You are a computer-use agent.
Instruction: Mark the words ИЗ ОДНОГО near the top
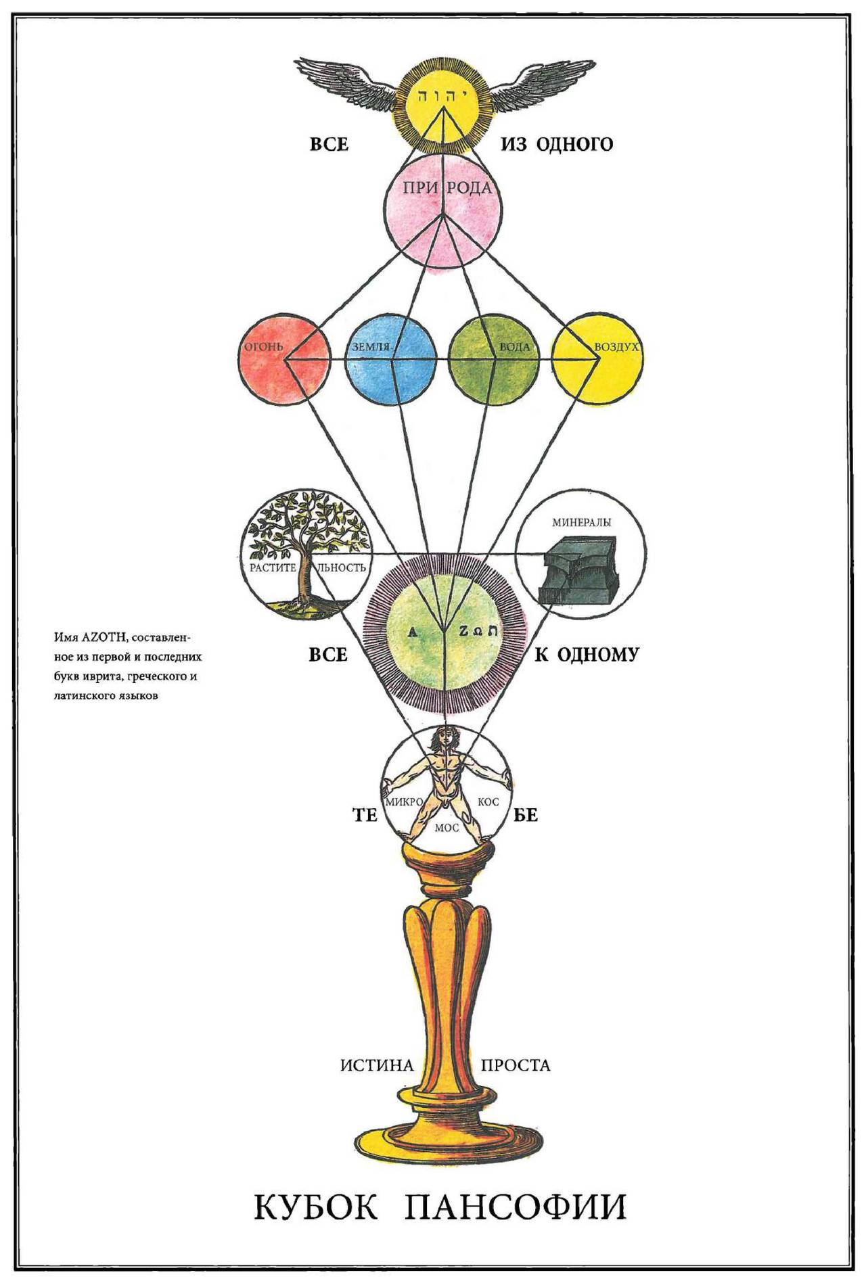[x=557, y=144]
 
